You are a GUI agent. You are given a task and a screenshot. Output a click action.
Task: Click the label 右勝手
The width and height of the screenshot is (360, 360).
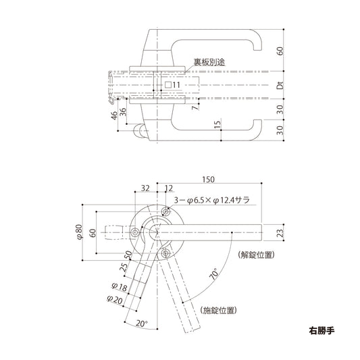[x=321, y=332]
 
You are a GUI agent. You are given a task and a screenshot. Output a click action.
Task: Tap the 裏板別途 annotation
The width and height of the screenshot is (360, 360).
[x=209, y=61]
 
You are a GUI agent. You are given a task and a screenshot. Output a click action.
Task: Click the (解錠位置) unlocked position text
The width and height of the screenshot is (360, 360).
[x=256, y=255]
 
